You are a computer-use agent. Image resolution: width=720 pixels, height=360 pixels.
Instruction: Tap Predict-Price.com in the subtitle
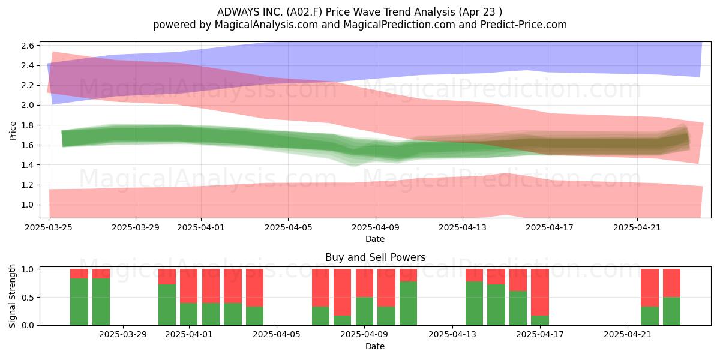[x=524, y=25]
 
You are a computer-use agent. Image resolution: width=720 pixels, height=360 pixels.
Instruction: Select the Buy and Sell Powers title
[x=375, y=257]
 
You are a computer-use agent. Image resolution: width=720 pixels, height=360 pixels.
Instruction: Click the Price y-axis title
[x=13, y=131]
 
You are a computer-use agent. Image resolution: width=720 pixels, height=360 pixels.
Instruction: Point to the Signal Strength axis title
[x=12, y=296]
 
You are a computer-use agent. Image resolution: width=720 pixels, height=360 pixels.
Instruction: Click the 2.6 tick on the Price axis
[x=28, y=46]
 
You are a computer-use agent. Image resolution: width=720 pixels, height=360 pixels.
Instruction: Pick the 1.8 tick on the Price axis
[x=28, y=125]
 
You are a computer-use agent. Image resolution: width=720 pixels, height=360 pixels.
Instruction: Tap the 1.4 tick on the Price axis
[x=28, y=165]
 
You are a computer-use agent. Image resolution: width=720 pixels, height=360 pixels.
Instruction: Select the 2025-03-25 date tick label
[x=49, y=227]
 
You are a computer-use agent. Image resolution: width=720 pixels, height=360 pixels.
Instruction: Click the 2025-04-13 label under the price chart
[x=463, y=227]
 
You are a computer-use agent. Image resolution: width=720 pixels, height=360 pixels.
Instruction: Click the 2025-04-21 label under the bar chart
[x=628, y=335]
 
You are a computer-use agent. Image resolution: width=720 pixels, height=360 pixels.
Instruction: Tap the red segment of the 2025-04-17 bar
[x=539, y=292]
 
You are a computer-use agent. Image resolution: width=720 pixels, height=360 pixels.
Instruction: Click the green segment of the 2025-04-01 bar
[x=188, y=314]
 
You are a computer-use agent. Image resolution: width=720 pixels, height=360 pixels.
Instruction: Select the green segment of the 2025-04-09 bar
[x=365, y=311]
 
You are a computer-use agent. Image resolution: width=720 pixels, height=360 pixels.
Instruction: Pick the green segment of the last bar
[x=672, y=311]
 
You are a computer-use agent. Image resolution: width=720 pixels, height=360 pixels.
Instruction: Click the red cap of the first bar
[x=79, y=274]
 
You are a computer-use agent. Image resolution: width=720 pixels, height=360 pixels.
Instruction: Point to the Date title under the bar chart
[x=375, y=346]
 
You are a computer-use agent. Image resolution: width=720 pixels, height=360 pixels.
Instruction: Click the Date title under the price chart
[x=375, y=239]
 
